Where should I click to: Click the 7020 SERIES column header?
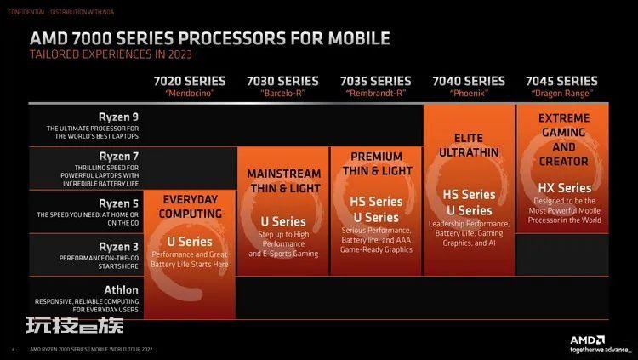tap(190, 81)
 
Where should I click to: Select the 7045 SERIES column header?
tap(561, 81)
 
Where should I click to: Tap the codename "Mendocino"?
tap(190, 94)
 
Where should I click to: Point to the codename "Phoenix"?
tap(469, 94)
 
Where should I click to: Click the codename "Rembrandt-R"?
tap(376, 94)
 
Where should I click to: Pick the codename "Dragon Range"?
tap(561, 94)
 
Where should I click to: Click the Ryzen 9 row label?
tap(118, 117)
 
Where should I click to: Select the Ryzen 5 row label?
tap(119, 203)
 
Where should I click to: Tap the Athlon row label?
tap(122, 290)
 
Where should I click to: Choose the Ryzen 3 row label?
tap(119, 247)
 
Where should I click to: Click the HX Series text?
tap(564, 188)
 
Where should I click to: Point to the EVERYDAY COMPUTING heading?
tap(190, 207)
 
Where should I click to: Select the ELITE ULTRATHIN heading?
tap(469, 146)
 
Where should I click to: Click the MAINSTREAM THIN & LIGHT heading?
tap(283, 181)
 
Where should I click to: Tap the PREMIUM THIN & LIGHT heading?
tap(377, 163)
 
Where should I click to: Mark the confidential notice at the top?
tap(61, 12)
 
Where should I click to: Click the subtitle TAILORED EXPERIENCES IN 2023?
tap(111, 54)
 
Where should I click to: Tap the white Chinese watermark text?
tap(75, 326)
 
